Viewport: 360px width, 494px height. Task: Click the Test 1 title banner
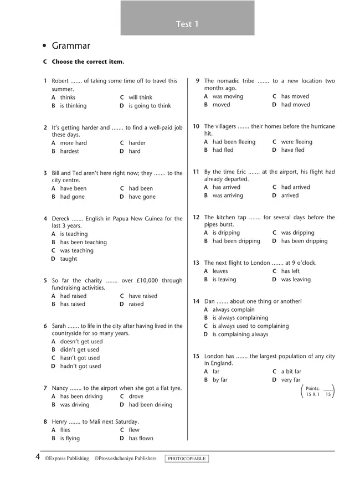(187, 24)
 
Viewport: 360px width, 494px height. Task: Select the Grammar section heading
(70, 46)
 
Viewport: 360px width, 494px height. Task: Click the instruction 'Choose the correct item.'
(88, 62)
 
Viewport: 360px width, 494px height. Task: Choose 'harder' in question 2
(137, 143)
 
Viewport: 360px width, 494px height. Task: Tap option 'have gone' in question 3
(142, 197)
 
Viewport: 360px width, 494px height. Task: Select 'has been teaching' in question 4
(83, 242)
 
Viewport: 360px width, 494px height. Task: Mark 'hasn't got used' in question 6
(80, 358)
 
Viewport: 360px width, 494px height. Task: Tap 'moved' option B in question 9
(221, 105)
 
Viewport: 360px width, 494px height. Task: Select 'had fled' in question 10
(223, 150)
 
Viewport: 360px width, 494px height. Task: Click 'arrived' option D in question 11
(290, 195)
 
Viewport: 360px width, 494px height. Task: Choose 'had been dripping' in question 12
(236, 241)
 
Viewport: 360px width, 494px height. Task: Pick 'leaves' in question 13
(220, 271)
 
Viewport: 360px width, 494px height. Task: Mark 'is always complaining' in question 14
(240, 318)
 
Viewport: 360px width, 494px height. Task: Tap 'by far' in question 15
(220, 380)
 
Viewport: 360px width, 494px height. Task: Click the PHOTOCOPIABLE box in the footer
(187, 459)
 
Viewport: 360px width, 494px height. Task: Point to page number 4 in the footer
(37, 457)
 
